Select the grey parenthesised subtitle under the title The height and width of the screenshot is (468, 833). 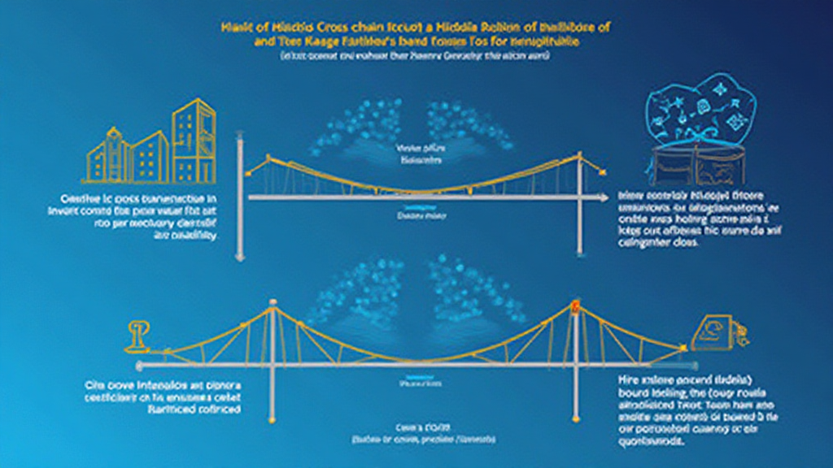[x=416, y=56]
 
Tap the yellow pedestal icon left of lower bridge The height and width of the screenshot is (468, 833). [x=137, y=336]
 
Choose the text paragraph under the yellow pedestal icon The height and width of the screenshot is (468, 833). [x=163, y=396]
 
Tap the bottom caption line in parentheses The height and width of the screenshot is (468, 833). [x=416, y=438]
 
